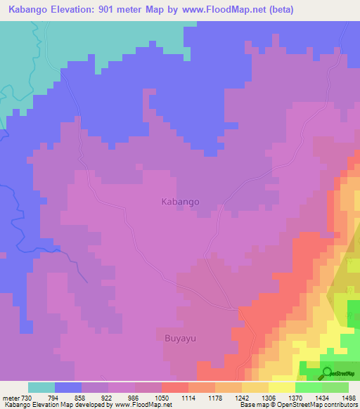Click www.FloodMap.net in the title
pyautogui.click(x=224, y=10)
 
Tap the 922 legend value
pyautogui.click(x=108, y=398)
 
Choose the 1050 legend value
pyautogui.click(x=162, y=398)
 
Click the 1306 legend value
pyautogui.click(x=269, y=398)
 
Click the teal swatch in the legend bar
pyautogui.click(x=41, y=387)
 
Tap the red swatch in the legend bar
pyautogui.click(x=175, y=387)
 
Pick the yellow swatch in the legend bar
pyautogui.click(x=282, y=387)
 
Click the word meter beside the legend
pyautogui.click(x=9, y=398)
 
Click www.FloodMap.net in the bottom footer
pyautogui.click(x=143, y=405)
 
